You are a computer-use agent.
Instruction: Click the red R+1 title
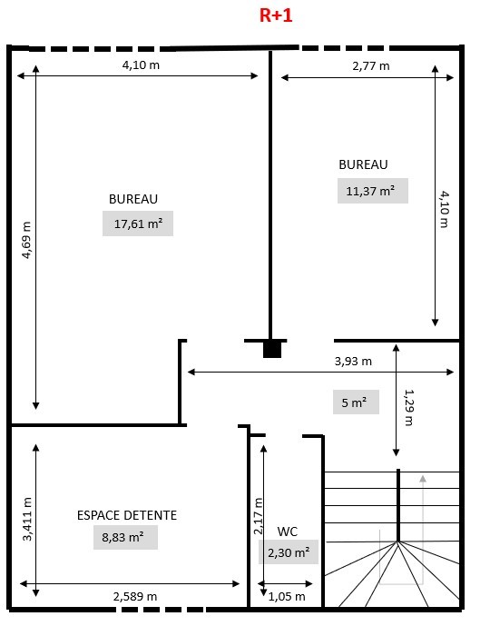click(x=276, y=15)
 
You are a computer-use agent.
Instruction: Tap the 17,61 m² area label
click(x=138, y=224)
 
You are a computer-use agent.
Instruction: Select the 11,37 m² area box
click(x=373, y=191)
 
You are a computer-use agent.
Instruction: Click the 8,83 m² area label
click(x=125, y=538)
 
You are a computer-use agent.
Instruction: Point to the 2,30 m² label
click(x=289, y=552)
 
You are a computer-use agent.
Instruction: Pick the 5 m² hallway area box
click(x=356, y=402)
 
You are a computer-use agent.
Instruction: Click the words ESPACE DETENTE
click(x=127, y=515)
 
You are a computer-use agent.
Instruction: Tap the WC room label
click(x=288, y=532)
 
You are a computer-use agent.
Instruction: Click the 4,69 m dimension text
click(x=26, y=240)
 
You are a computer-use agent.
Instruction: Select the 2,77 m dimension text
click(x=371, y=65)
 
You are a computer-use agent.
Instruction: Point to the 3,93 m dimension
click(x=353, y=361)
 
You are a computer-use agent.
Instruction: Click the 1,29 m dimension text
click(x=409, y=407)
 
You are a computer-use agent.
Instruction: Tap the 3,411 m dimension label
click(x=26, y=519)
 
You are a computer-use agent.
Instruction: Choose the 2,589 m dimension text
click(x=135, y=596)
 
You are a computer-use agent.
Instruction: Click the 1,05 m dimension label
click(x=287, y=596)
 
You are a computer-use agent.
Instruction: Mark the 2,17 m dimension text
click(x=258, y=516)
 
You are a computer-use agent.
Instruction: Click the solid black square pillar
click(x=272, y=349)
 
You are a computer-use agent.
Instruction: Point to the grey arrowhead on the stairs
click(x=423, y=479)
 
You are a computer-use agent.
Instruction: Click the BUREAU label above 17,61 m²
click(x=133, y=199)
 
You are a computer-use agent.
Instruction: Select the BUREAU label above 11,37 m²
click(x=363, y=164)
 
